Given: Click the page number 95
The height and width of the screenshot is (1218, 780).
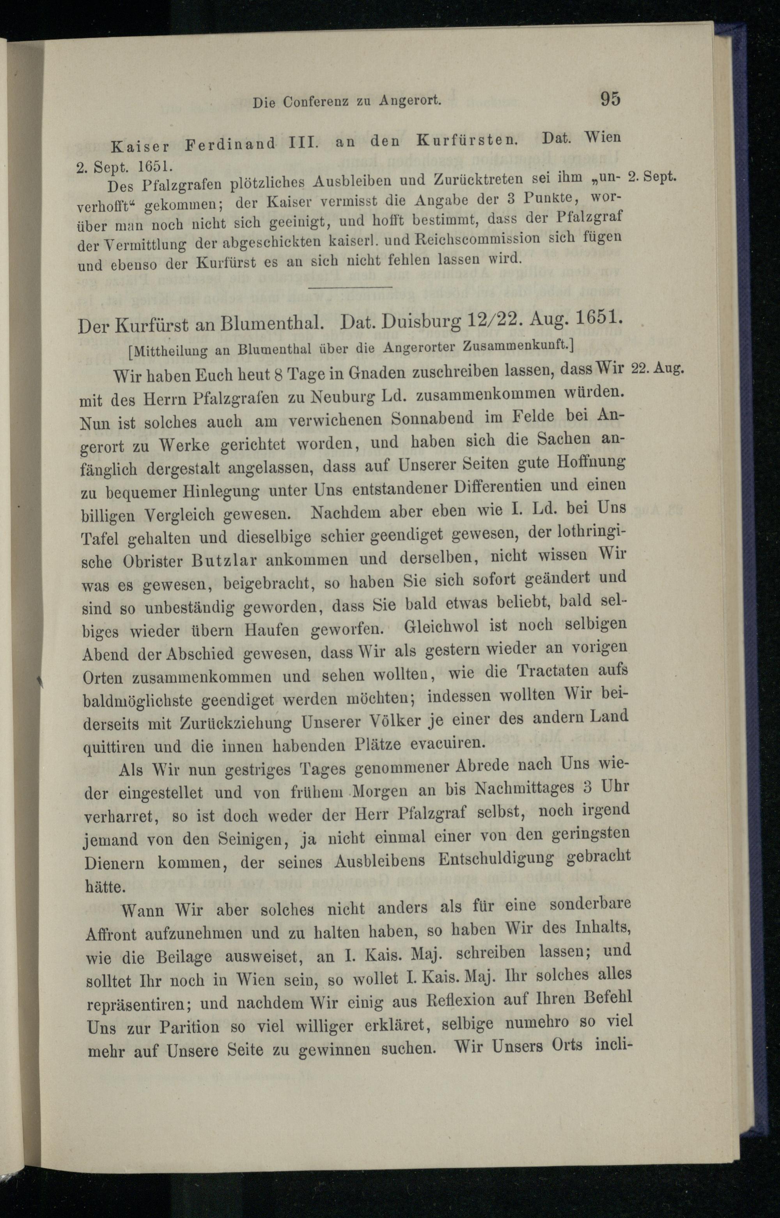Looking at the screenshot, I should (610, 98).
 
